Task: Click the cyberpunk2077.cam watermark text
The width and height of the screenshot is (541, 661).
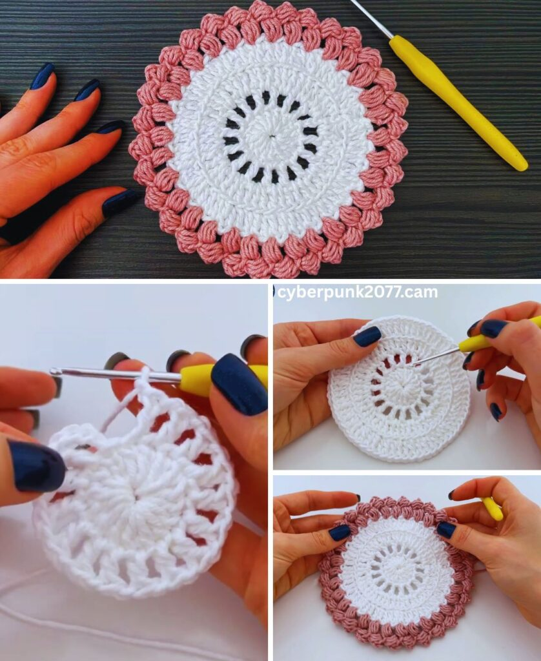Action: pos(358,292)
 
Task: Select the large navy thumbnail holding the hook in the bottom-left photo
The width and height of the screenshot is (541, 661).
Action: pos(240,384)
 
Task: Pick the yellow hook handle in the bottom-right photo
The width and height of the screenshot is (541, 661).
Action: pos(493,509)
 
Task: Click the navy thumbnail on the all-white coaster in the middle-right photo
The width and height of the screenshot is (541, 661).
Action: pos(367,336)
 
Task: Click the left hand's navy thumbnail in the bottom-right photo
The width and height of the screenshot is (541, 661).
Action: pos(340,533)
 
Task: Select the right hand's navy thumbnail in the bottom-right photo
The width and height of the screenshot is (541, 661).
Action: pos(446,529)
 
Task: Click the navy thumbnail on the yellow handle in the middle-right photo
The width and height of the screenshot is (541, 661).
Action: pos(494,329)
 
